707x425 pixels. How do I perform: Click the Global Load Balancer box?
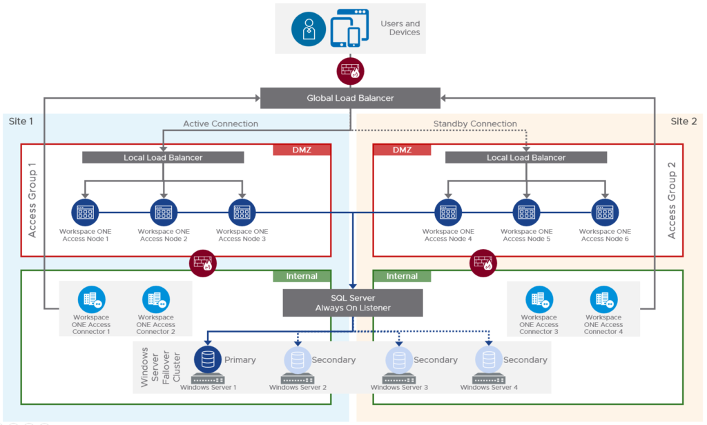coord(350,98)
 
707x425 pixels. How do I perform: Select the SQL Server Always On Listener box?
coord(353,303)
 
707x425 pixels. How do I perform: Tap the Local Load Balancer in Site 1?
coord(163,157)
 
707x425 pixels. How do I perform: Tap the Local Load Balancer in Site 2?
coord(525,157)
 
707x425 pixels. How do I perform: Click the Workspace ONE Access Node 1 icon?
coord(85,212)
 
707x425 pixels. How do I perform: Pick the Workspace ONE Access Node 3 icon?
coord(242,212)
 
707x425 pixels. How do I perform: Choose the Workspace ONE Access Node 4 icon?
coord(448,212)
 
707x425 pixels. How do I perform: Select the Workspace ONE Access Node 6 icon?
coord(605,212)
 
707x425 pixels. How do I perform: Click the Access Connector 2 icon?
coord(155,299)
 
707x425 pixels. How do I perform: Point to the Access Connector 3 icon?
coord(539,299)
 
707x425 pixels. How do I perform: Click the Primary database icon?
coord(206,359)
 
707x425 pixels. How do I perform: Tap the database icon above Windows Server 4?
coord(488,359)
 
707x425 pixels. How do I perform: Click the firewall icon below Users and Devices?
coord(350,70)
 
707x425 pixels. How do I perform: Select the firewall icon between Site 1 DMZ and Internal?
coord(202,262)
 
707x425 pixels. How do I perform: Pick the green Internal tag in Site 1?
coord(302,276)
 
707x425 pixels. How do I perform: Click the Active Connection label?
coord(220,124)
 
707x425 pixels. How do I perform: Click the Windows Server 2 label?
coord(298,388)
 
